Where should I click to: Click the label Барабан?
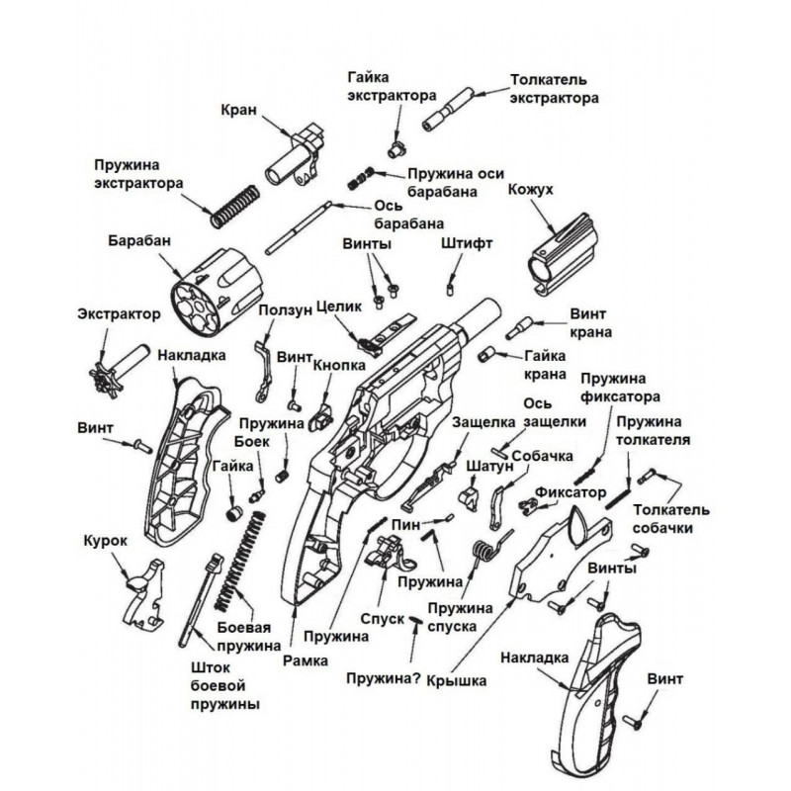139,241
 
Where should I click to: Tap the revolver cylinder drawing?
216,291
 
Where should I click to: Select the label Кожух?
531,190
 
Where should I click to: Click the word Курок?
106,541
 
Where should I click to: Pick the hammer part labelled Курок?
143,594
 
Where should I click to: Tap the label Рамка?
306,660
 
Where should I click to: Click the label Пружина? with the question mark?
384,678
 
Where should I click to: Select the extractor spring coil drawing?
235,206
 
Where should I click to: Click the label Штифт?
467,243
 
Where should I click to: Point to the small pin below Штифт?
450,290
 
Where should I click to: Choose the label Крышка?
457,681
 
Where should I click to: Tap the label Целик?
339,307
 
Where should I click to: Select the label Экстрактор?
119,313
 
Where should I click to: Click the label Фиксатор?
571,492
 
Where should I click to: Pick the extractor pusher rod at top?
449,109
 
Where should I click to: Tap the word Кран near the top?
238,110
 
